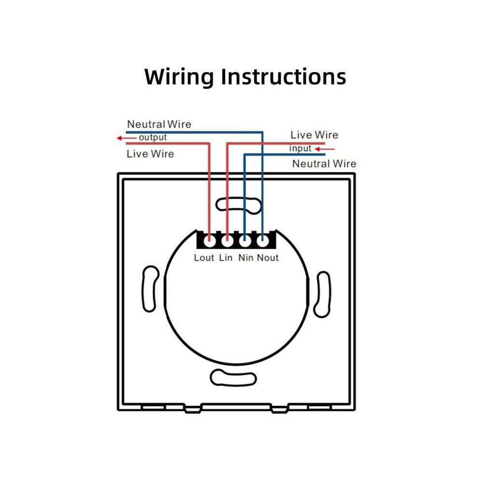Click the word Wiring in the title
click(179, 77)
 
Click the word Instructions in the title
click(283, 76)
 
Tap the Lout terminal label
click(204, 258)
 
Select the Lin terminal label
click(225, 258)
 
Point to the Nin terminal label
click(246, 258)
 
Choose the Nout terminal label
click(267, 258)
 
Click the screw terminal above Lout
click(210, 241)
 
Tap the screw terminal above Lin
click(227, 241)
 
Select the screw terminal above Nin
click(245, 241)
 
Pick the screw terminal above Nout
click(263, 241)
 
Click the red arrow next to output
click(127, 138)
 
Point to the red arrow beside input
click(324, 149)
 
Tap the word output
click(153, 138)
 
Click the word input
click(300, 148)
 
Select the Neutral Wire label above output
click(159, 124)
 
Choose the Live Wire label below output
click(150, 154)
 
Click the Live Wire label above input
click(314, 135)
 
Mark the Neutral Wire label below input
click(324, 164)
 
